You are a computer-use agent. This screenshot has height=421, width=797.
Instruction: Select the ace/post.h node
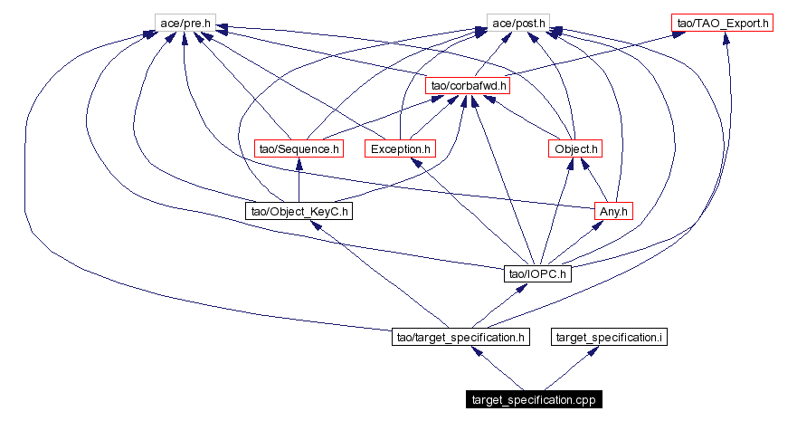(x=518, y=21)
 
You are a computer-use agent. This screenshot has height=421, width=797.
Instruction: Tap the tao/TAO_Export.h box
(x=722, y=21)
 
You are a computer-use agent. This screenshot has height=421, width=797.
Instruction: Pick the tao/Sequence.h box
(x=299, y=148)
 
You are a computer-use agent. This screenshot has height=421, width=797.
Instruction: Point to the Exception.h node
(x=400, y=148)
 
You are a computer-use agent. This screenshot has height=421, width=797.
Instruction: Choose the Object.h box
(x=575, y=148)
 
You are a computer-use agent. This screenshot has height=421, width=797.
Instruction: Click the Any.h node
(x=613, y=210)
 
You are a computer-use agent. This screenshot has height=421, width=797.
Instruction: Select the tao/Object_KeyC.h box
(x=299, y=211)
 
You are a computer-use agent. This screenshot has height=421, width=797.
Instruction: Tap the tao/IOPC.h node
(x=538, y=273)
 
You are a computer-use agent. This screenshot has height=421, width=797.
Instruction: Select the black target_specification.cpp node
(x=534, y=399)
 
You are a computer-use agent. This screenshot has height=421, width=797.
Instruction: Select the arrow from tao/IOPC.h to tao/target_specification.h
(x=499, y=305)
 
